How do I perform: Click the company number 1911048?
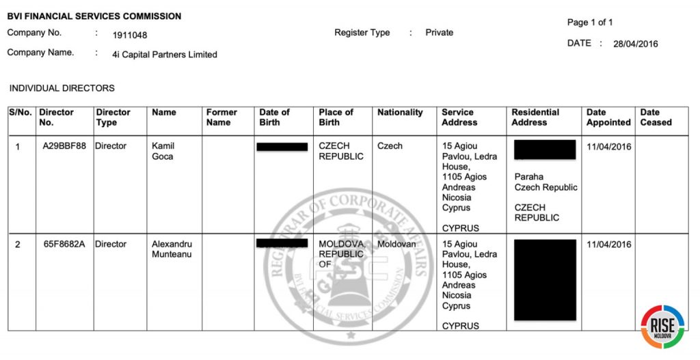coord(129,35)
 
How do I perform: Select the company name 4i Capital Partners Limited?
coord(164,55)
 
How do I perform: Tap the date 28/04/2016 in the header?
coord(635,44)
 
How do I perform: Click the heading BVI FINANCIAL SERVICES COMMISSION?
coord(94,16)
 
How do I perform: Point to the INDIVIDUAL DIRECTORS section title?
coord(62,88)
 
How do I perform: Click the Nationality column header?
coord(400,113)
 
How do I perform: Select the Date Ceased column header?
coord(656,117)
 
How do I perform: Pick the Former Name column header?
coord(221,117)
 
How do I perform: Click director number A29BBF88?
coord(63,146)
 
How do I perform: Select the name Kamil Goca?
coord(163,151)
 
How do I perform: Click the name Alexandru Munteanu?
coord(172,249)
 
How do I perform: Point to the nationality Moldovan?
coord(396,245)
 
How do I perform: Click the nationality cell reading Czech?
coord(390,146)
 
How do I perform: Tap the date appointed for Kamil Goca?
coord(608,146)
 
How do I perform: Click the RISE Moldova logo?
coord(662,327)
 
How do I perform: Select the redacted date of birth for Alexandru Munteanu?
coord(282,243)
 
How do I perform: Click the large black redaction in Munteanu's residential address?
coord(544,279)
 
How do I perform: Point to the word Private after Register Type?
coord(439,33)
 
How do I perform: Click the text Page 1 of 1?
coord(590,23)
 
